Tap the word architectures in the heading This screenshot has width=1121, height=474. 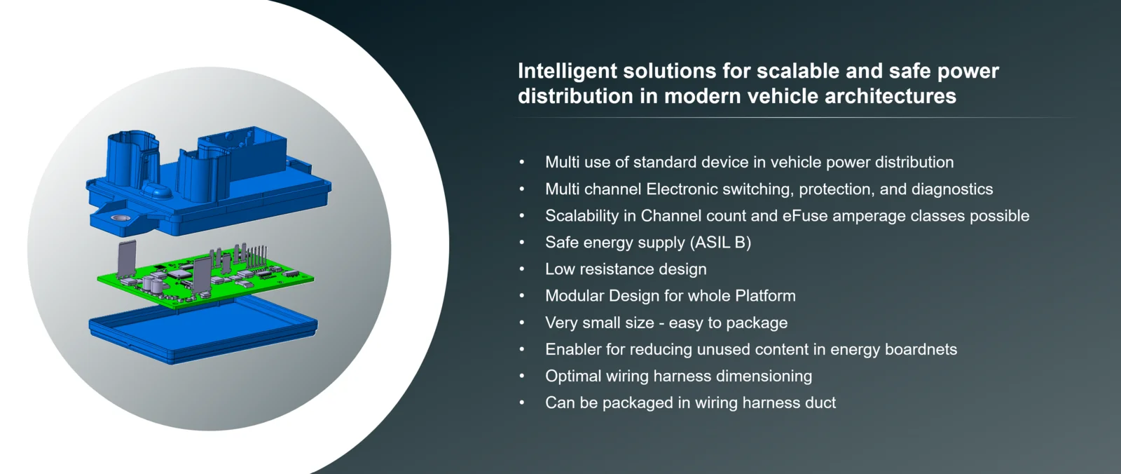(x=890, y=95)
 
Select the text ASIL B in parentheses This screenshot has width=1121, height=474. (x=721, y=243)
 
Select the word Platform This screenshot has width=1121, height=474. (x=765, y=296)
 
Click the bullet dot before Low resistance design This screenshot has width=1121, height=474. (x=522, y=269)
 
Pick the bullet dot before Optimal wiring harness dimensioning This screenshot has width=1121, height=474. (x=522, y=376)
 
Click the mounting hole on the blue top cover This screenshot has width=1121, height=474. (x=120, y=218)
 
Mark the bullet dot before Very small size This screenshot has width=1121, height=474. (x=522, y=323)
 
